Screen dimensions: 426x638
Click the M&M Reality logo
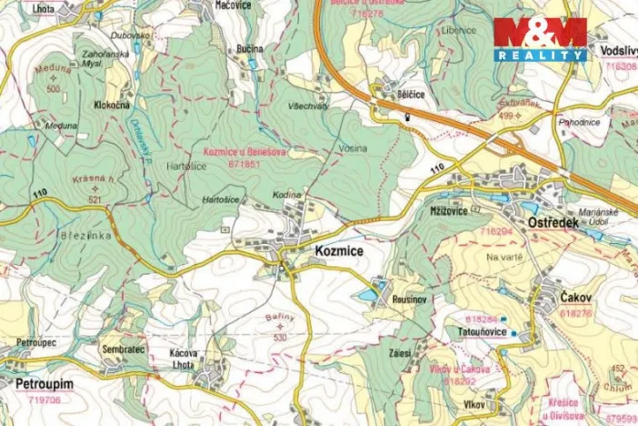pos(540,39)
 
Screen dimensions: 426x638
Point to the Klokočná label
pos(111,105)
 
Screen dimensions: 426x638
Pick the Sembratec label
pos(124,349)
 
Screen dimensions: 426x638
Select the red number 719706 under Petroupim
pos(45,400)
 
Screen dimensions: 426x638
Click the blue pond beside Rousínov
pos(367,295)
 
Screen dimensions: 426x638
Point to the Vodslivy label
pos(618,52)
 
